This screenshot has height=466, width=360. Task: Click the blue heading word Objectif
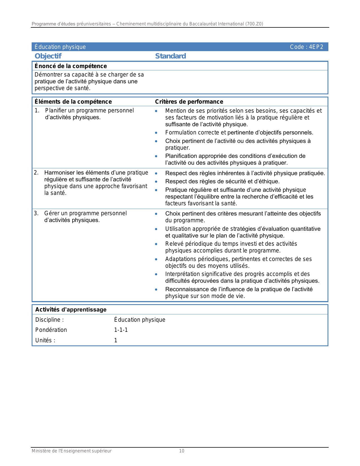[48, 56]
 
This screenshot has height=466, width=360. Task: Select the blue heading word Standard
[171, 56]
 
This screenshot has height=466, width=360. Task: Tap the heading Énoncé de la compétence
[71, 66]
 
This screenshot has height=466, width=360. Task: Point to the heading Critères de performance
[189, 102]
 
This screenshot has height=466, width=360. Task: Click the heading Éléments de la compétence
[73, 102]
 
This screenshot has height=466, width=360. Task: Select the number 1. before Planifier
[37, 110]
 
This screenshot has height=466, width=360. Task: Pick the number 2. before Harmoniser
[36, 173]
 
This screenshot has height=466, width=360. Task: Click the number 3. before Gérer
[36, 213]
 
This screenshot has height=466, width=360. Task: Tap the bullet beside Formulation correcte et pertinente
[156, 133]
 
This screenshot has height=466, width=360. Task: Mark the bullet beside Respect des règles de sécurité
[156, 182]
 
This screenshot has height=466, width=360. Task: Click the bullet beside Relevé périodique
[156, 244]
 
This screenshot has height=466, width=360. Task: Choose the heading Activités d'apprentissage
[71, 310]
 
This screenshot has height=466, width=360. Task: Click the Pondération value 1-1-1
[121, 330]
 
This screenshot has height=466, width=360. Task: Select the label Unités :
[45, 340]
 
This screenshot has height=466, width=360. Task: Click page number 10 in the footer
[182, 451]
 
